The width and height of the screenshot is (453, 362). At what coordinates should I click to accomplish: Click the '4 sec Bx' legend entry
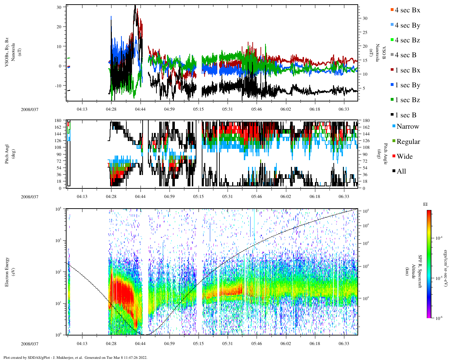pos(407,10)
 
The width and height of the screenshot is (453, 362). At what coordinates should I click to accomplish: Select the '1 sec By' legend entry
pos(407,85)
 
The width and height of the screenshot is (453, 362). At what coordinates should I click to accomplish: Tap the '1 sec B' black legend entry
pos(406,115)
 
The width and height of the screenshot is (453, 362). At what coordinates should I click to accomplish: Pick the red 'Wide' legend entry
pos(405,157)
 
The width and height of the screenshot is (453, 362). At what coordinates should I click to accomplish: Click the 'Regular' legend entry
pos(408,142)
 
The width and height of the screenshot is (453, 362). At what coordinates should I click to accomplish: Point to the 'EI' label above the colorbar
pos(425,204)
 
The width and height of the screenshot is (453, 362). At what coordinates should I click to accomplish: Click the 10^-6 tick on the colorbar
pos(438,318)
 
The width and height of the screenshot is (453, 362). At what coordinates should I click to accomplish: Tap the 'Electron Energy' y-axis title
pos(7,271)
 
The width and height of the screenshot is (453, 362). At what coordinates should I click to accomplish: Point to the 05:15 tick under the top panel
pos(198,109)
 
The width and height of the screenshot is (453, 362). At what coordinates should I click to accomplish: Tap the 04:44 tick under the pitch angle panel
pos(140,197)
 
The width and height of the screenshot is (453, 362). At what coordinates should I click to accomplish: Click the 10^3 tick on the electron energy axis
pos(58,240)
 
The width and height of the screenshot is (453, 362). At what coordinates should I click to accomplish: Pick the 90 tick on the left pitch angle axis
pos(58,154)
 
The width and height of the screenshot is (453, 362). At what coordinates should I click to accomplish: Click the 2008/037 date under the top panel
pos(29,110)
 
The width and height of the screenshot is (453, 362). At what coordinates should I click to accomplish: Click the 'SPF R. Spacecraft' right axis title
pos(420,271)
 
